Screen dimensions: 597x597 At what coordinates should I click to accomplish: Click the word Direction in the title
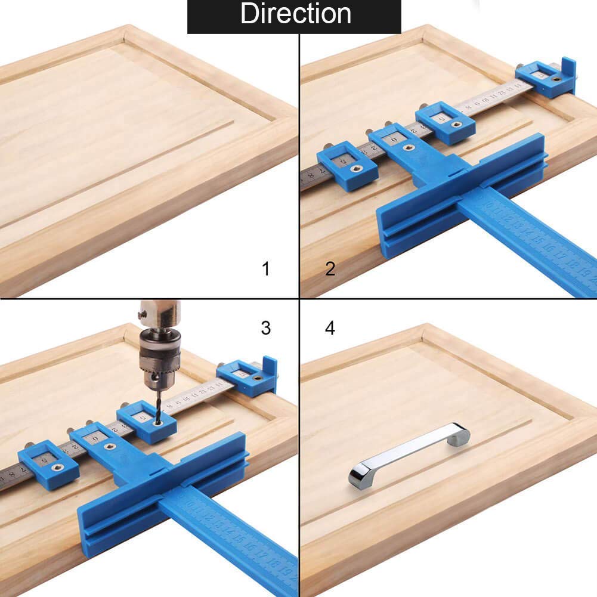pos(295,14)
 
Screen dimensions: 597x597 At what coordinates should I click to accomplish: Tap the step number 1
pos(266,269)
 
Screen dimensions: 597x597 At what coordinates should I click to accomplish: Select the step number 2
pos(330,269)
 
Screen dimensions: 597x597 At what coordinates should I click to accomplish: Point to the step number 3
pos(266,327)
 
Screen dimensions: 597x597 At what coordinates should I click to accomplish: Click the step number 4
pos(330,327)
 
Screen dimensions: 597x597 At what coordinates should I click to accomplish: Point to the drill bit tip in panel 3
pos(159,419)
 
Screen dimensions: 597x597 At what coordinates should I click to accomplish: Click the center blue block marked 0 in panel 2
pos(398,143)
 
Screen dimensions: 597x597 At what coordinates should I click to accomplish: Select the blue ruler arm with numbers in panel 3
pos(233,537)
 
